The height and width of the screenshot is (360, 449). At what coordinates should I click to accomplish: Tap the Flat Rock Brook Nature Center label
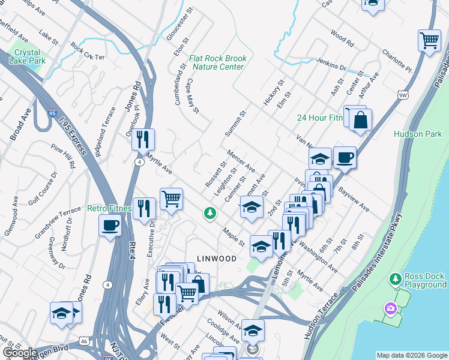[x=217, y=62]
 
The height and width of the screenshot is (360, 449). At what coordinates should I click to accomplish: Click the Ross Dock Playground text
[x=425, y=280]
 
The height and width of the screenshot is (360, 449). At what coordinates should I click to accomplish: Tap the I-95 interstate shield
[x=53, y=112]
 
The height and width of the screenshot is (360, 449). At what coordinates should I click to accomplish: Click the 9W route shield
[x=403, y=94]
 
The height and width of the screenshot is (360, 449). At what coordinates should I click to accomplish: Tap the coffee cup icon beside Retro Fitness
[x=110, y=226]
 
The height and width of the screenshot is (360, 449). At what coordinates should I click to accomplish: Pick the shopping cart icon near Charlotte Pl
[x=429, y=40]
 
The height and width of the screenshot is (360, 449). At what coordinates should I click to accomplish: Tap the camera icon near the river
[x=391, y=308]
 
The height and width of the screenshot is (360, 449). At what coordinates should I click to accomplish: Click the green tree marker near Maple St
[x=209, y=212]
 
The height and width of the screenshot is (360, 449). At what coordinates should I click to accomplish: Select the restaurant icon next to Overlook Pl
[x=143, y=139]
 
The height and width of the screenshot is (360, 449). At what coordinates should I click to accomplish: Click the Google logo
[x=20, y=353]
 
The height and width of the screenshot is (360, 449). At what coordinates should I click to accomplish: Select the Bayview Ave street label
[x=353, y=200]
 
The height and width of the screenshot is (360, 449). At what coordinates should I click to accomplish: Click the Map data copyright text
[x=411, y=355]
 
